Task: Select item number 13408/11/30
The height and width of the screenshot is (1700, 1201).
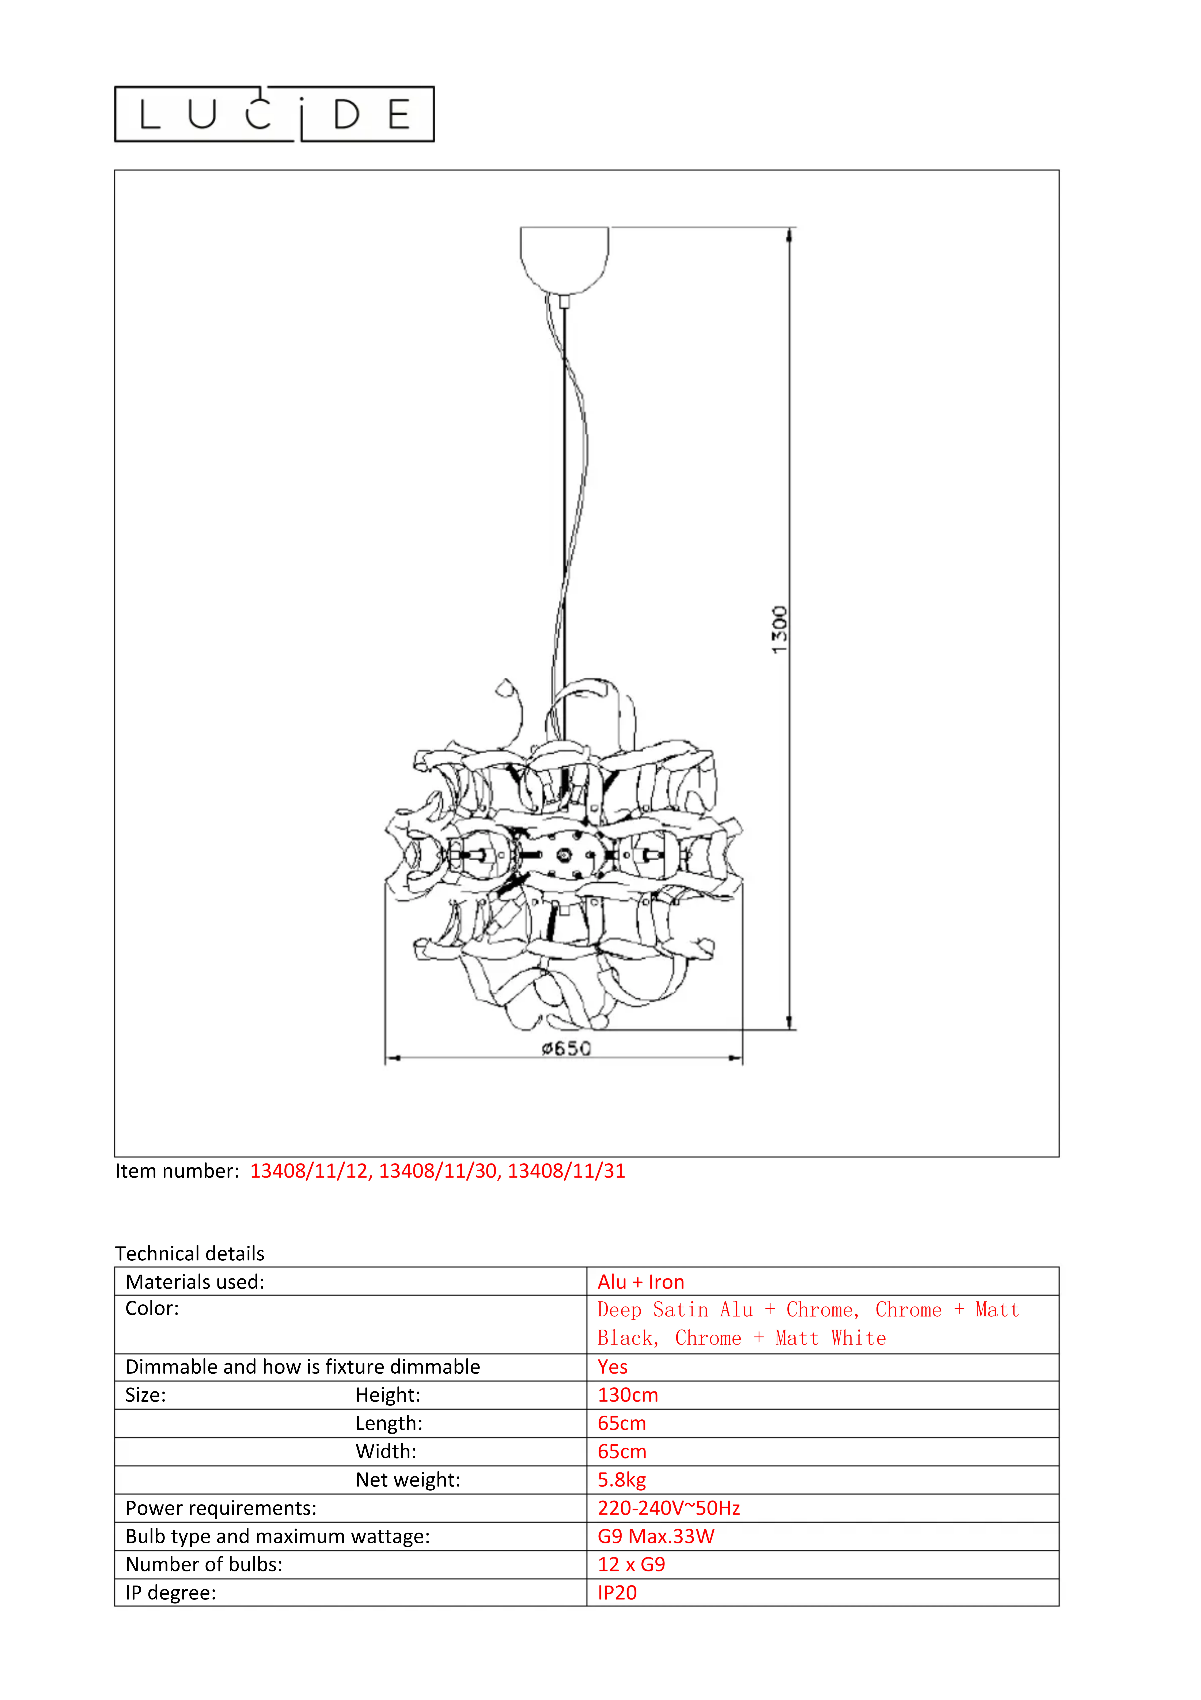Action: [x=438, y=1171]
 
